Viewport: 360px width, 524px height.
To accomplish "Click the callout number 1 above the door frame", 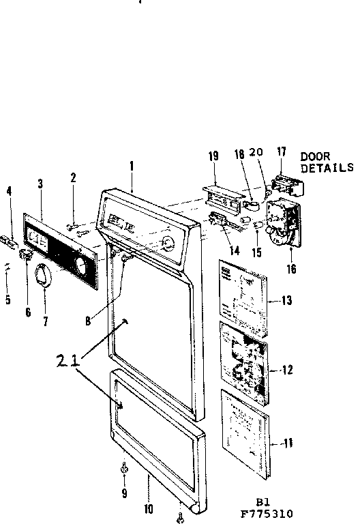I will (x=132, y=165).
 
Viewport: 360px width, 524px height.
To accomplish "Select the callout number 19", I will (x=213, y=157).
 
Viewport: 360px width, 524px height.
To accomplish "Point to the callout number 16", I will (x=291, y=269).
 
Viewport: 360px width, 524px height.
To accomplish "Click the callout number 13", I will (x=287, y=301).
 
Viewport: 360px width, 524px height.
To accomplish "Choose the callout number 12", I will (x=287, y=370).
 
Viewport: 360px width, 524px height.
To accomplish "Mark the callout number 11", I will (x=288, y=443).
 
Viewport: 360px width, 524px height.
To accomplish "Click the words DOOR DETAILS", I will (x=327, y=162).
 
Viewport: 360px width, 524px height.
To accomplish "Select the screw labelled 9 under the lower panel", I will (x=124, y=469).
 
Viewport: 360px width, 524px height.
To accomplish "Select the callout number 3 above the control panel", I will (x=40, y=184).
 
